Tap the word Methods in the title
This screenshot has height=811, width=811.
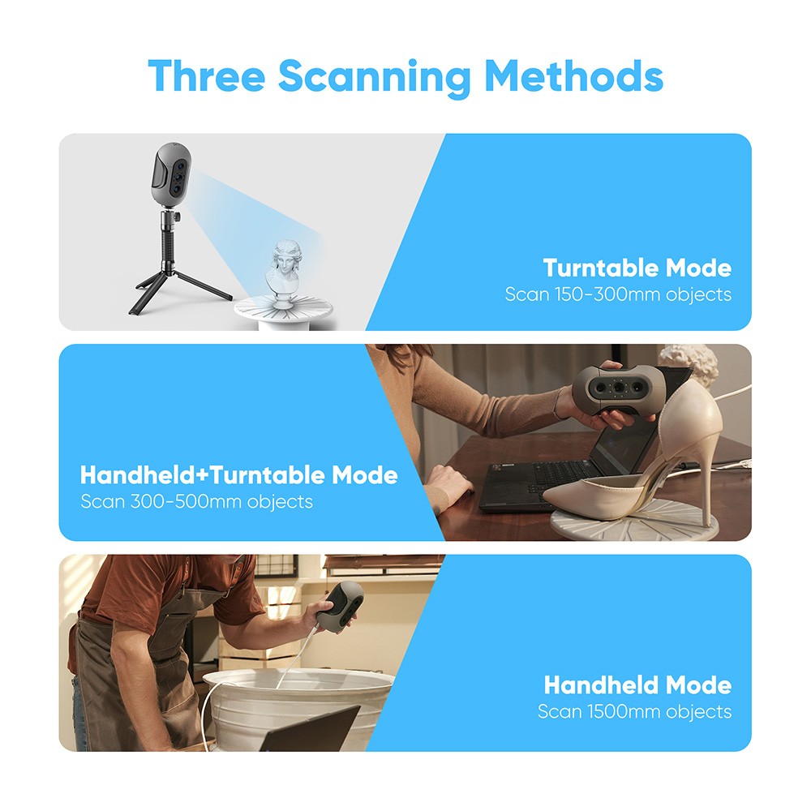click(x=573, y=75)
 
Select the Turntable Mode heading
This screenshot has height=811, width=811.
click(x=637, y=268)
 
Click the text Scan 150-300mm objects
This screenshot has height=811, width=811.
click(x=618, y=294)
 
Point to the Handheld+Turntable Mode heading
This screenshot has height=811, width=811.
click(x=239, y=474)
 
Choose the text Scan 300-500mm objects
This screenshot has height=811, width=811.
click(x=196, y=501)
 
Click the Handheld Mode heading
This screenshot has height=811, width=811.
click(x=637, y=685)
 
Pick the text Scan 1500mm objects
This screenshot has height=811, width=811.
click(x=634, y=712)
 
